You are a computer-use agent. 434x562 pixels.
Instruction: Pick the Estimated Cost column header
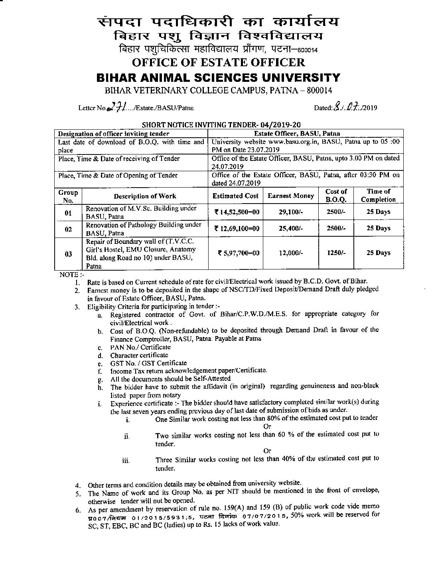(x=235, y=196)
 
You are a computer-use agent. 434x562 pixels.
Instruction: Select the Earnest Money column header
(x=290, y=196)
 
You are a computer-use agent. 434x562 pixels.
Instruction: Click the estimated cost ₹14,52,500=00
(x=237, y=212)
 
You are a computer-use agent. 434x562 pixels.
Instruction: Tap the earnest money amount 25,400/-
(x=290, y=229)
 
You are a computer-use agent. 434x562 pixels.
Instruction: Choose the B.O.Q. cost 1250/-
(x=336, y=253)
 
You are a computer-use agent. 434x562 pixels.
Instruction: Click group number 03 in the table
(x=68, y=253)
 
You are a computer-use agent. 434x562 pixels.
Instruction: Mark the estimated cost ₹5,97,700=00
(x=238, y=253)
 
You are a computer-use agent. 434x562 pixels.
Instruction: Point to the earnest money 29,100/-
(x=290, y=212)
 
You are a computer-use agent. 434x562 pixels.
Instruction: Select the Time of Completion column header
(x=378, y=196)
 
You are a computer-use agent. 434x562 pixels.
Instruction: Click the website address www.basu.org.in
(x=281, y=142)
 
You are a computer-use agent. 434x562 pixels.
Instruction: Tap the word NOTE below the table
(x=66, y=275)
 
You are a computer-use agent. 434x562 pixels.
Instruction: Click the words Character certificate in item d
(x=139, y=355)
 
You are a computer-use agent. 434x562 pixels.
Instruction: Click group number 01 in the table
(x=68, y=212)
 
